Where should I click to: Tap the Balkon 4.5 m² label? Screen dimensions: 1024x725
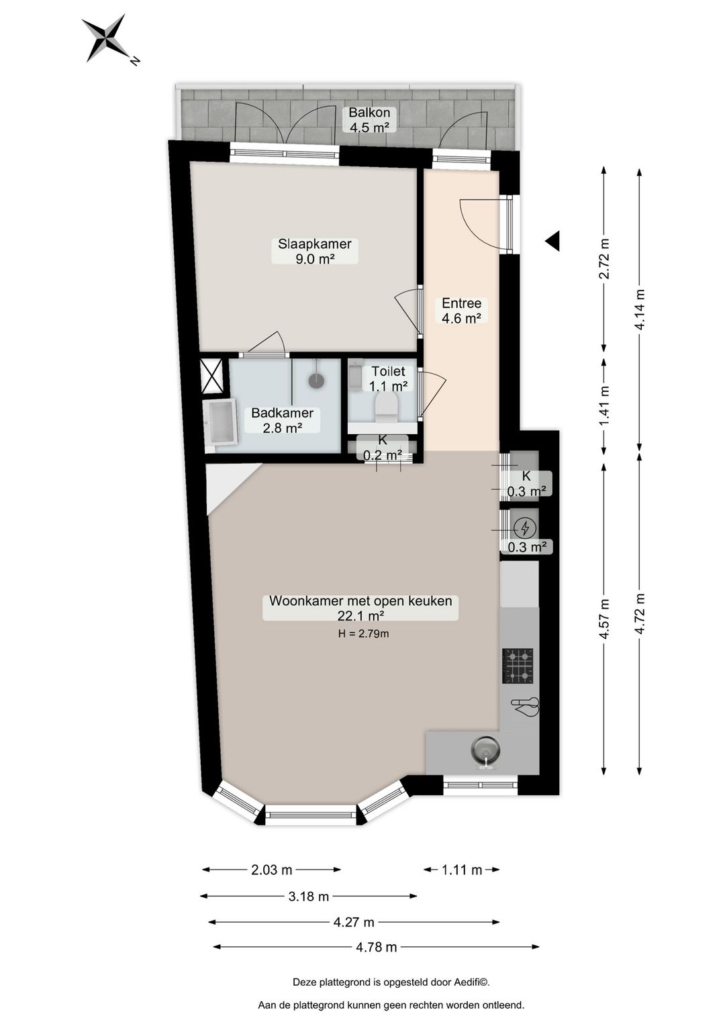pos(369,120)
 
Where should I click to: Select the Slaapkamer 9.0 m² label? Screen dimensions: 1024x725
pos(315,252)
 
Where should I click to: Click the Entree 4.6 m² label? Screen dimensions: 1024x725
pos(461,311)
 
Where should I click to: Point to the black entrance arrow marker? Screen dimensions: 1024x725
pos(552,240)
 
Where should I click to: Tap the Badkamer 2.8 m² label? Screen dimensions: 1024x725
pos(282,420)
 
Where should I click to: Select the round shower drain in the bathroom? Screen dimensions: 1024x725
pos(316,380)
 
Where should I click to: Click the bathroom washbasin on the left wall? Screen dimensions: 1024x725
pos(220,422)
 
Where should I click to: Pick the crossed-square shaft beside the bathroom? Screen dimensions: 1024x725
pos(212,376)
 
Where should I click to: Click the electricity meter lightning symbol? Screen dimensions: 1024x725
pos(525,529)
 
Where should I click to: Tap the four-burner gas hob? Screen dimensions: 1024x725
pos(518,666)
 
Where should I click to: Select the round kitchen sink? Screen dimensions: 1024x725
pos(485,749)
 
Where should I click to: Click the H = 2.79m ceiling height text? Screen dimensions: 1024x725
pos(363,633)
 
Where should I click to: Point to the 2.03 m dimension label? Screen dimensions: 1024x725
pos(271,870)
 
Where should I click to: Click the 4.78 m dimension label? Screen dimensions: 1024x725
pos(376,947)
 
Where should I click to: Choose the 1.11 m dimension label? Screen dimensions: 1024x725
pos(462,870)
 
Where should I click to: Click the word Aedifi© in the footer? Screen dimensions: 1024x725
pos(471,982)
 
